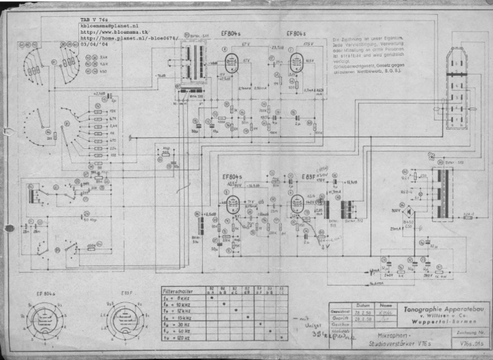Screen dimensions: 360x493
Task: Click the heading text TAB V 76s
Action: point(94,21)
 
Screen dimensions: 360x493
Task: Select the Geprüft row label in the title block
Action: point(340,318)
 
